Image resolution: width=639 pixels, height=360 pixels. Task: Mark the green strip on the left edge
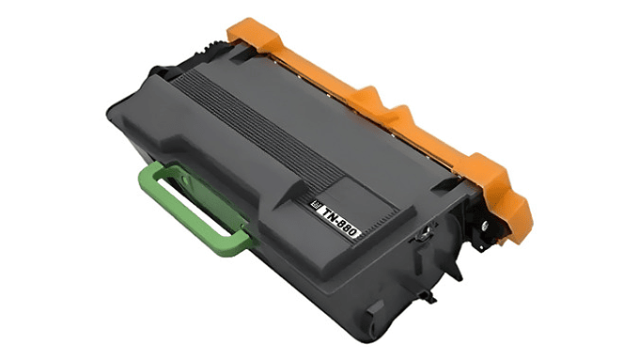tap(41, 180)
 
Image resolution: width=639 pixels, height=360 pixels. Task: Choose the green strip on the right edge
tap(597, 180)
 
